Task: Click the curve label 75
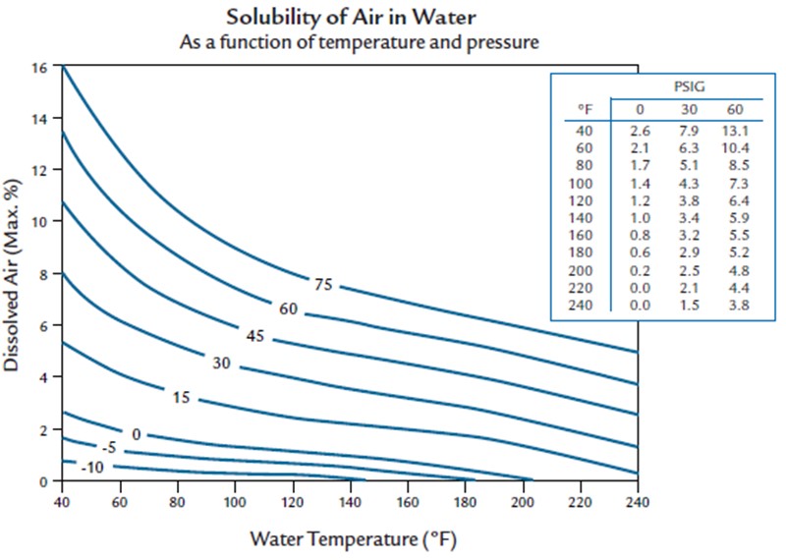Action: (323, 285)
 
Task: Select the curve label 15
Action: (181, 398)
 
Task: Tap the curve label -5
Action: (110, 448)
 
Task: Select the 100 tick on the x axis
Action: (234, 500)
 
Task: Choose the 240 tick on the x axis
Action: (638, 500)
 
